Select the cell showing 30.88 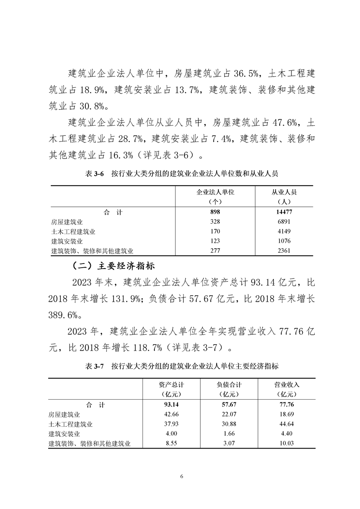(x=229, y=424)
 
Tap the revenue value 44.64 (x=287, y=424)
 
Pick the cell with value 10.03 (x=287, y=444)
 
